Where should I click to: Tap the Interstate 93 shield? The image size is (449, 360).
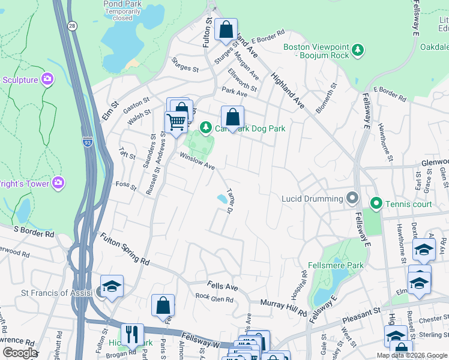click(x=88, y=142)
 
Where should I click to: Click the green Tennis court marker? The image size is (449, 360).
click(x=376, y=205)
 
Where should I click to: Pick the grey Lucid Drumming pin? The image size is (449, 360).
click(x=352, y=198)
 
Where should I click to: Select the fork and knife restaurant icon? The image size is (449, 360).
click(x=132, y=334)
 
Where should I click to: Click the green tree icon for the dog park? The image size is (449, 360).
click(x=206, y=128)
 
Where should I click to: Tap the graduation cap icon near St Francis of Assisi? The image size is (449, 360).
click(x=112, y=287)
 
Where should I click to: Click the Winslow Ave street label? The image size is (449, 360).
click(x=197, y=162)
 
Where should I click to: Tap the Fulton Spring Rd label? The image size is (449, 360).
click(x=124, y=250)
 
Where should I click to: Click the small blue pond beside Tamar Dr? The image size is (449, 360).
click(x=222, y=198)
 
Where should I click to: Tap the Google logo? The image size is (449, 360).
click(x=19, y=353)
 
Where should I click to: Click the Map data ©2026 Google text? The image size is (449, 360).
click(x=412, y=355)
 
